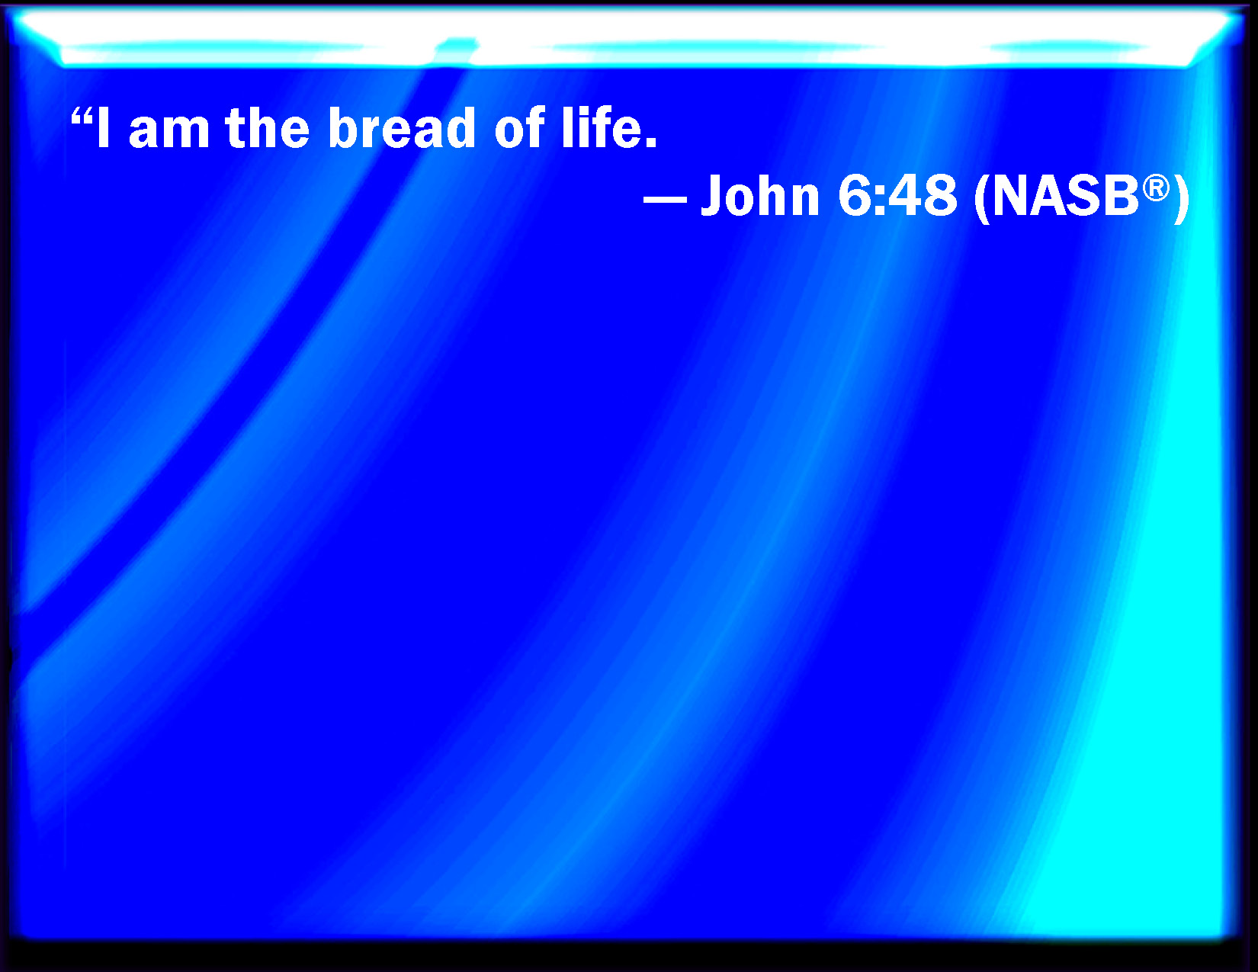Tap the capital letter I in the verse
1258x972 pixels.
tap(103, 127)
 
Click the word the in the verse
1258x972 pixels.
tap(268, 128)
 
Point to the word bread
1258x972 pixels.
tap(402, 128)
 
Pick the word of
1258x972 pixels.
tap(519, 127)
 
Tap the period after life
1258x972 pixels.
tap(650, 142)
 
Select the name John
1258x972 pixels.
tap(760, 195)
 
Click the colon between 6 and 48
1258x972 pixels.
tap(881, 201)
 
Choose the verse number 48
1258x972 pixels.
tap(923, 196)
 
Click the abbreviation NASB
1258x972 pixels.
tap(1065, 196)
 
